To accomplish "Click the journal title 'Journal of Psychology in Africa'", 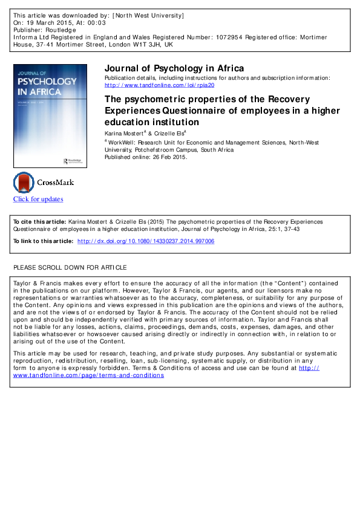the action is click(x=174, y=68).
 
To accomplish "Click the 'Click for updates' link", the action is click(x=38, y=199).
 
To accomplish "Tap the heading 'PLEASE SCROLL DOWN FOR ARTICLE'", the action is click(x=70, y=267).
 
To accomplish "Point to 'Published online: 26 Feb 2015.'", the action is click(x=146, y=157).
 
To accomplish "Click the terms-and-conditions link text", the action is click(x=88, y=375).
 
